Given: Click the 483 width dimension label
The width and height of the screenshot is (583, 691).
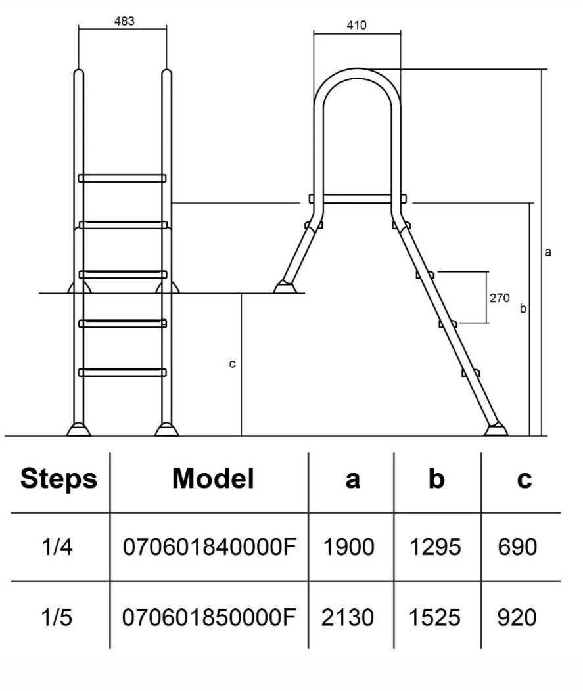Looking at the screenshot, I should pyautogui.click(x=124, y=21).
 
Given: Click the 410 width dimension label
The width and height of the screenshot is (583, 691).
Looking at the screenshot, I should pyautogui.click(x=356, y=26).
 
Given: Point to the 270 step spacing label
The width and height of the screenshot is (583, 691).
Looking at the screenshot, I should pyautogui.click(x=500, y=298).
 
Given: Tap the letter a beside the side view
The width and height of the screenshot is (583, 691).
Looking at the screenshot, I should pyautogui.click(x=548, y=252).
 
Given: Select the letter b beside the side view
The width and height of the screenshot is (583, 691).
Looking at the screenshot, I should pyautogui.click(x=523, y=308).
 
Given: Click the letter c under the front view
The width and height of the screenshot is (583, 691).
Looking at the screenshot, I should pyautogui.click(x=232, y=363).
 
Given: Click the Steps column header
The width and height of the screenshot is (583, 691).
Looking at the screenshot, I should pyautogui.click(x=58, y=479).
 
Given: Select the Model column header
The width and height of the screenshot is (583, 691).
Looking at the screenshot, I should pyautogui.click(x=212, y=479).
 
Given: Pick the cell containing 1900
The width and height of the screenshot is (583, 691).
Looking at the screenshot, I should pyautogui.click(x=348, y=546).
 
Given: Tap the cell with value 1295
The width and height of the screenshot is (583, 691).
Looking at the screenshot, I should pyautogui.click(x=436, y=546).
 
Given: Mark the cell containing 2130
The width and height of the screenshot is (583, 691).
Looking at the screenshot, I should pyautogui.click(x=348, y=617).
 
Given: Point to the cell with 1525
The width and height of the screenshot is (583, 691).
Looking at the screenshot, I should pyautogui.click(x=436, y=617).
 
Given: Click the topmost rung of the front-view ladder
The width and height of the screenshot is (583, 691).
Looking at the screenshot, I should pyautogui.click(x=122, y=178).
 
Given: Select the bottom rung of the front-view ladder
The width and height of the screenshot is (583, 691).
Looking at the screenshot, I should pyautogui.click(x=122, y=372).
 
